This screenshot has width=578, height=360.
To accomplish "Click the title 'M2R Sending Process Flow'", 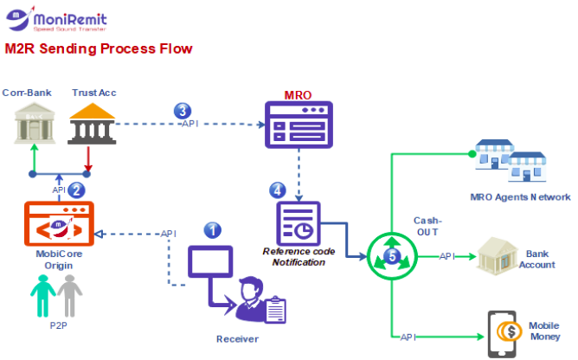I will pos(99,48).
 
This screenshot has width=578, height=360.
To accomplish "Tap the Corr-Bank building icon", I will pos(31,124).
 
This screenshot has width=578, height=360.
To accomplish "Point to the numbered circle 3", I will pos(182,111).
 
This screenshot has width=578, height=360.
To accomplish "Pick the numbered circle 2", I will pos(76,190).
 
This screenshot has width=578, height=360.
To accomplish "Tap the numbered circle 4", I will pos(277,189).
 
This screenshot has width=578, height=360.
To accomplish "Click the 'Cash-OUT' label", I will pos(427,227).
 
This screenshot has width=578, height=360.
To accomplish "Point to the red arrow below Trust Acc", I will pos(89,159).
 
